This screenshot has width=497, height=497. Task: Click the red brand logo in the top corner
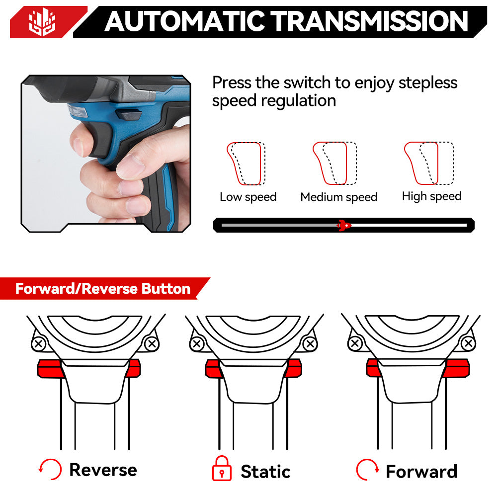[x=42, y=22]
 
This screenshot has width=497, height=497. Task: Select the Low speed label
[x=248, y=197]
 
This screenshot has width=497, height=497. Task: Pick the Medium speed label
[x=338, y=197]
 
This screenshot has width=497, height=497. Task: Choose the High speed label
[x=431, y=196]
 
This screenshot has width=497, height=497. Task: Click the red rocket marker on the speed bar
[x=343, y=225]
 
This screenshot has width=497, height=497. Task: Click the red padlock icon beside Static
[x=222, y=469]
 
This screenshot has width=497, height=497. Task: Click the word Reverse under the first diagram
[x=103, y=470]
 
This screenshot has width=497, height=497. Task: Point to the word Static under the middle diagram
[x=265, y=471]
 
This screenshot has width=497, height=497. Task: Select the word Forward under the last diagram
[x=421, y=471]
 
